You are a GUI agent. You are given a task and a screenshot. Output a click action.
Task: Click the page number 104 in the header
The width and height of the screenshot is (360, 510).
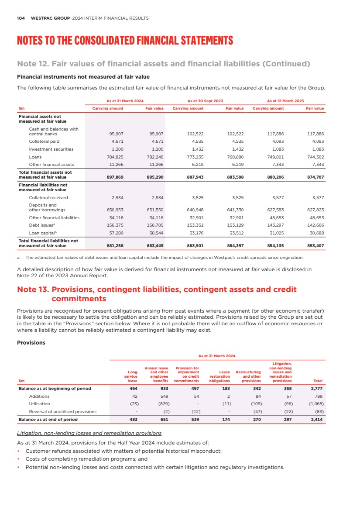pos(21,18)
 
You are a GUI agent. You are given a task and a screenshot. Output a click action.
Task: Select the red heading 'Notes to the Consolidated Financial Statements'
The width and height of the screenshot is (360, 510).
pos(125,41)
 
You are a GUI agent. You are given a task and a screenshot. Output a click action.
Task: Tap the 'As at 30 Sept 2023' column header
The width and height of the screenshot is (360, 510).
pos(205,101)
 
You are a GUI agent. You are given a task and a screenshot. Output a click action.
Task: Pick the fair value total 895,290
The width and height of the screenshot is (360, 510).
pos(154,177)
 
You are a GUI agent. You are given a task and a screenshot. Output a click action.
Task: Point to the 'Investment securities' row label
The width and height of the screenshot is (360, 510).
pos(51,149)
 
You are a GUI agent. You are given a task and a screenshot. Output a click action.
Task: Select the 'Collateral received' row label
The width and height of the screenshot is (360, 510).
pos(48,198)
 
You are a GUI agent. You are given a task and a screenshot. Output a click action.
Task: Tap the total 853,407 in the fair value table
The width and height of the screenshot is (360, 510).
pos(315,246)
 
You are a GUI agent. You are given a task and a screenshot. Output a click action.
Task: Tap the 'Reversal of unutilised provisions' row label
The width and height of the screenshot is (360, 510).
pos(62,412)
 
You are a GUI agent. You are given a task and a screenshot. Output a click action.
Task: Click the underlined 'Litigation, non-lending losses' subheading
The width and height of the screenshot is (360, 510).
pos(89,434)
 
